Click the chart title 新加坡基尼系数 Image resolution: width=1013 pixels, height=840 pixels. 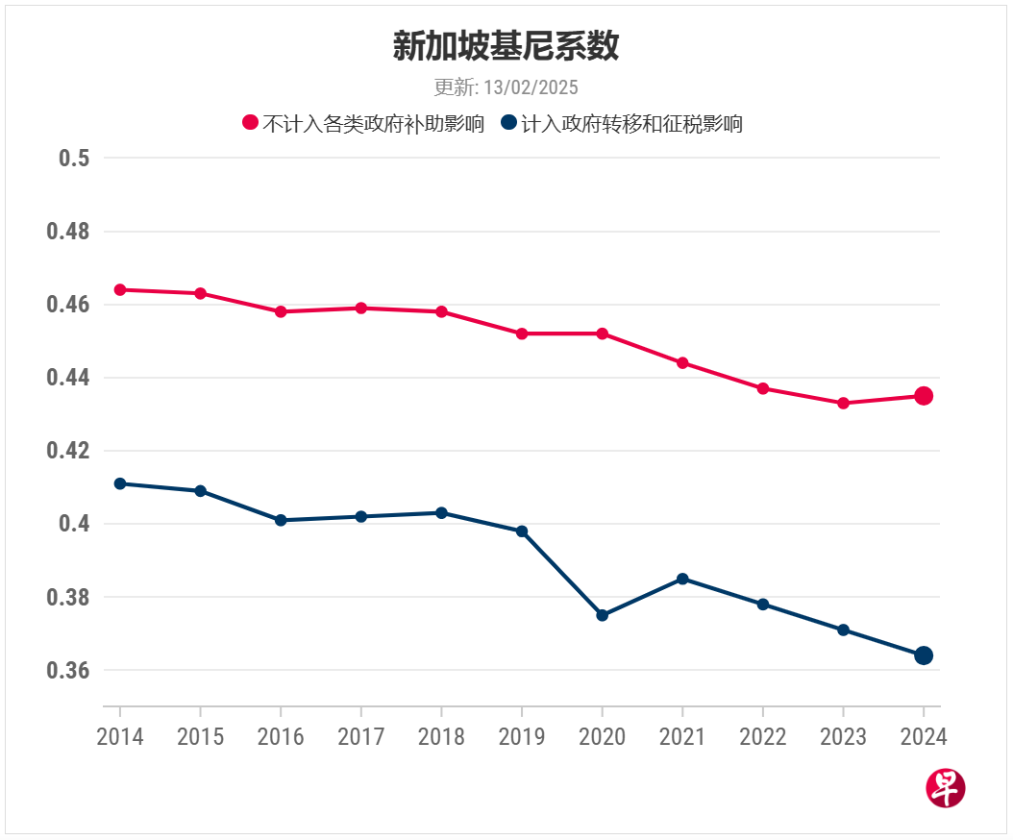[x=506, y=46]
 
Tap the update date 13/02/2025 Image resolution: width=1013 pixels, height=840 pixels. [x=506, y=87]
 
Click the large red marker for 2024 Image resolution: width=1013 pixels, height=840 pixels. [x=924, y=396]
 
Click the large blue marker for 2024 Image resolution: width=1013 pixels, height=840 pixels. [x=924, y=655]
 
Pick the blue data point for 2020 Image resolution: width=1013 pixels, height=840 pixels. [x=602, y=615]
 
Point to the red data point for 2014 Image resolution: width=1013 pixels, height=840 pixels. [x=120, y=289]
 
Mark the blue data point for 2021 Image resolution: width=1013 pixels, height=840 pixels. [x=682, y=579]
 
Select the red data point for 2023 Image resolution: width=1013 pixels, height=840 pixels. [x=843, y=403]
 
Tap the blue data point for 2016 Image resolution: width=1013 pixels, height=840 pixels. [x=281, y=520]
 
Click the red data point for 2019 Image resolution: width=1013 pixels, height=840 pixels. [x=522, y=334]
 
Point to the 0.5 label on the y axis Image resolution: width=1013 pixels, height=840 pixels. [x=74, y=159]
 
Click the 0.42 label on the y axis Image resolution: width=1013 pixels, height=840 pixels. [x=67, y=451]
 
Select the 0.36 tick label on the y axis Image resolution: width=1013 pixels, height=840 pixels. [x=67, y=670]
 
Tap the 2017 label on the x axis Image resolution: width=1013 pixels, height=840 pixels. [x=360, y=737]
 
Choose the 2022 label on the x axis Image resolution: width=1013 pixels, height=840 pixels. [x=762, y=737]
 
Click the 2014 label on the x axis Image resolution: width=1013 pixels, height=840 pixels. [x=120, y=737]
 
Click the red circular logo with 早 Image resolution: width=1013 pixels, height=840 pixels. [x=945, y=788]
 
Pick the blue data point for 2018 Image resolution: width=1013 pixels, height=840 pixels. [x=441, y=512]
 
